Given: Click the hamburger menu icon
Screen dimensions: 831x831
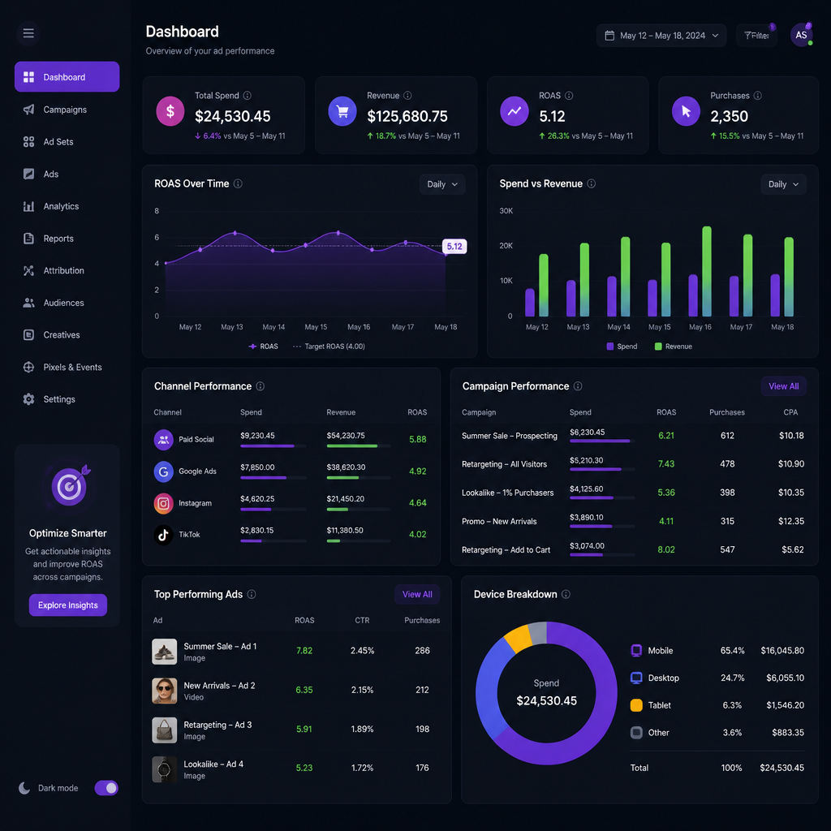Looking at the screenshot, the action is [28, 33].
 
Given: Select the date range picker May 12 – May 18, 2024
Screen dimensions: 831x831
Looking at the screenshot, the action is [661, 36].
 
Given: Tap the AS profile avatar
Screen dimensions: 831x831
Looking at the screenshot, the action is [801, 35].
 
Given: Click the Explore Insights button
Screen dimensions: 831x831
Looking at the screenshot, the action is [68, 605].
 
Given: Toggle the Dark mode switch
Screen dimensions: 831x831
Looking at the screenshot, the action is [106, 788].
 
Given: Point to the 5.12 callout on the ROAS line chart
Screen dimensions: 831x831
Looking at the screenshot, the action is [454, 246].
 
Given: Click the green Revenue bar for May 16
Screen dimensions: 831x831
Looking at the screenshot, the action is [707, 271].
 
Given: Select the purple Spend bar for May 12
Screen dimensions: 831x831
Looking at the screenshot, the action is [529, 303].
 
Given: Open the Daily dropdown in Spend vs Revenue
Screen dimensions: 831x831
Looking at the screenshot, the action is [783, 184].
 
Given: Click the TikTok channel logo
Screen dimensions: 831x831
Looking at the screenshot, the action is [163, 535].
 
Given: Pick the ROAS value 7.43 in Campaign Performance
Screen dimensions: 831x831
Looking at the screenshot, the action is [666, 463].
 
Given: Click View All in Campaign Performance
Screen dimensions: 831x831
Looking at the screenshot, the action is [783, 386].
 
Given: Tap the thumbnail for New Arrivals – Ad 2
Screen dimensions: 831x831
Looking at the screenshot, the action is [164, 691].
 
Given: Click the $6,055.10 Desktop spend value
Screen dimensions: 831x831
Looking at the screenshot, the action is [785, 678].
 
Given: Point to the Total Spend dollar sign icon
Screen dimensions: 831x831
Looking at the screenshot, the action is [170, 111].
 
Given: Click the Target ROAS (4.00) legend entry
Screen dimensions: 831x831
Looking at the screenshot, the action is [329, 347].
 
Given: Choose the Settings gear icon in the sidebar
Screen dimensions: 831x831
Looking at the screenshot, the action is [28, 399].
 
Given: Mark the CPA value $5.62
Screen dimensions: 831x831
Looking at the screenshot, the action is [792, 549].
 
